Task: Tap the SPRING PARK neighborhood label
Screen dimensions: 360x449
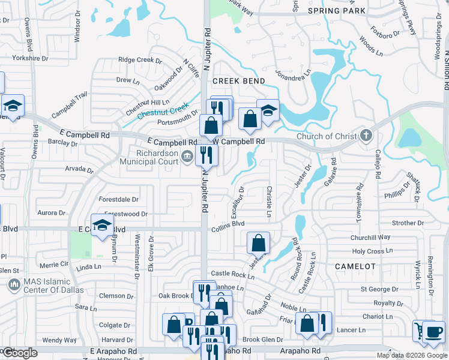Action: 336,11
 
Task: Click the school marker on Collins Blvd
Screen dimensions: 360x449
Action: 103,226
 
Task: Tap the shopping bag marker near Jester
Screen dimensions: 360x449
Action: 258,243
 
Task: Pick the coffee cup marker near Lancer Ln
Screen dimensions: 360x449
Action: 433,332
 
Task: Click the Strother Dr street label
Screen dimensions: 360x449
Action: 408,223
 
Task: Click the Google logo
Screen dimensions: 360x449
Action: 19,353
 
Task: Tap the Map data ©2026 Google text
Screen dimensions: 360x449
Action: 412,355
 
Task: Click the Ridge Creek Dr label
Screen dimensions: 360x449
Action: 140,59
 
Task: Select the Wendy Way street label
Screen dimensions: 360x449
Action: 59,340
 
